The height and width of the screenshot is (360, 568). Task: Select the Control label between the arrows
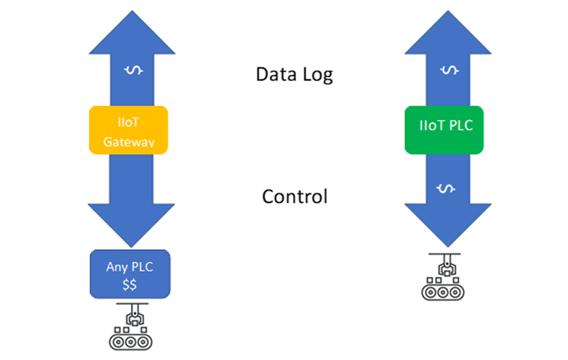point(295,197)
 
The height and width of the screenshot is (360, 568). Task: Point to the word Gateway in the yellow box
point(127,140)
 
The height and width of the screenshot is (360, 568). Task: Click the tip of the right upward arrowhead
point(448,15)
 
